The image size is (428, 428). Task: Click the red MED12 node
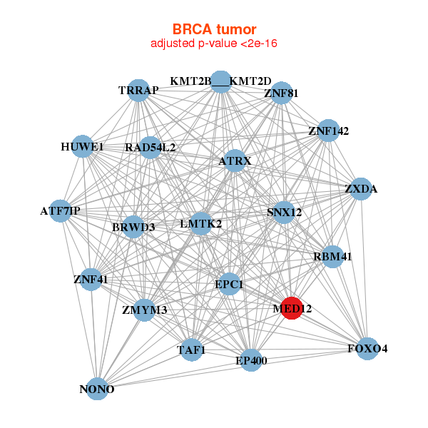(x=292, y=307)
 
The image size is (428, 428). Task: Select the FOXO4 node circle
(x=367, y=348)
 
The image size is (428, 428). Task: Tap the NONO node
(x=97, y=388)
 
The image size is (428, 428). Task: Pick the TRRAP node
(x=138, y=90)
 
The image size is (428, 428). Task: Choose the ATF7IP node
(x=61, y=210)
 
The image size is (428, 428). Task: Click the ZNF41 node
(x=91, y=279)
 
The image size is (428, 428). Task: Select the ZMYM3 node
(x=145, y=309)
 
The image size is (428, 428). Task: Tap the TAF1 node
(x=190, y=350)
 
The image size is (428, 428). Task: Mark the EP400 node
(x=251, y=360)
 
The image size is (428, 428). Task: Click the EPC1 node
(x=230, y=285)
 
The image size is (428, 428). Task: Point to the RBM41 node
(x=332, y=256)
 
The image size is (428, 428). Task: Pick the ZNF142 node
(x=328, y=131)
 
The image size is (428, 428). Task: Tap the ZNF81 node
(x=281, y=92)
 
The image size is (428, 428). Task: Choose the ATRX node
(x=235, y=161)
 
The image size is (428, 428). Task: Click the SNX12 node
(x=285, y=212)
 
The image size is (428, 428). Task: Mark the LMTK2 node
(x=201, y=223)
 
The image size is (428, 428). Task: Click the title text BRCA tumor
(x=214, y=29)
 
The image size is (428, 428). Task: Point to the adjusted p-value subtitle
(x=214, y=44)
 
